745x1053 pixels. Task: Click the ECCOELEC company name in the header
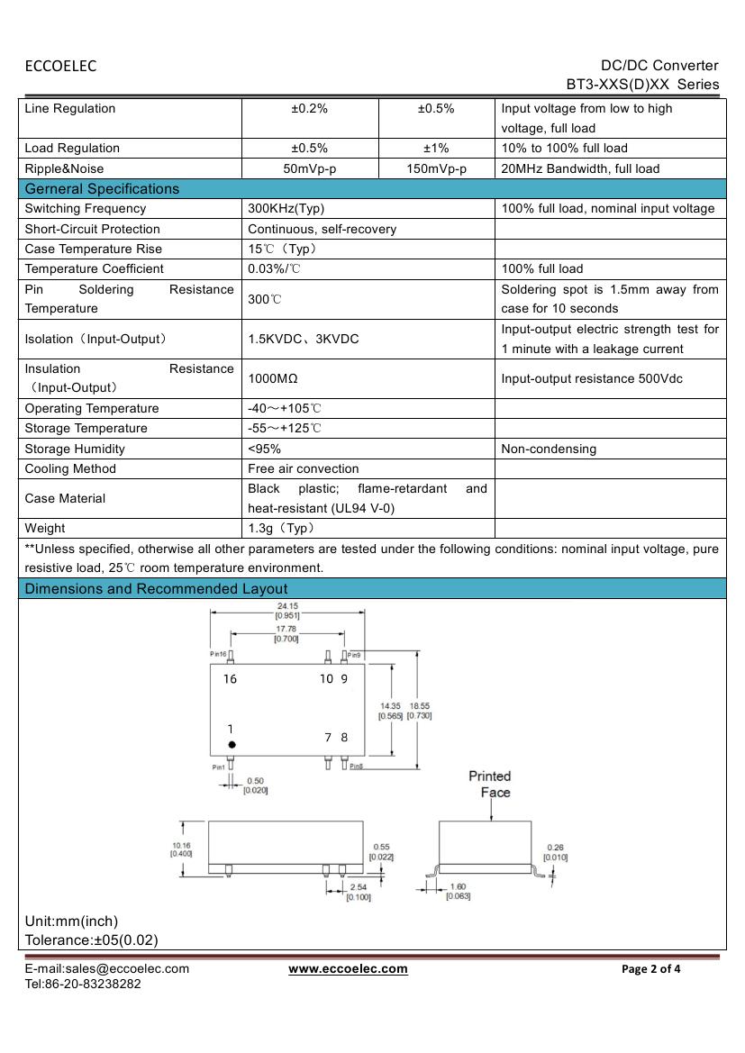click(60, 66)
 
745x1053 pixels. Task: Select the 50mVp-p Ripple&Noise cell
click(310, 168)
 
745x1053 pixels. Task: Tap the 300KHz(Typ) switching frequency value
click(286, 209)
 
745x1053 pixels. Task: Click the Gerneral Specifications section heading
click(102, 189)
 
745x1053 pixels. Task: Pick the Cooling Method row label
click(70, 468)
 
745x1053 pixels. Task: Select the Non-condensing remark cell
click(549, 449)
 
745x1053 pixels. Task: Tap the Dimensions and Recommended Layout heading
click(156, 589)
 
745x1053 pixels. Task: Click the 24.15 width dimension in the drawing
click(287, 606)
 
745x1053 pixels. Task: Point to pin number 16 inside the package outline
click(231, 679)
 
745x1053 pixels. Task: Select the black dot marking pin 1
click(232, 745)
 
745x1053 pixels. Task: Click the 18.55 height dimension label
click(420, 707)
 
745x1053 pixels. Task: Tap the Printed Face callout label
click(490, 784)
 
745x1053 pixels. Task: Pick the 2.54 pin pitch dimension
click(358, 888)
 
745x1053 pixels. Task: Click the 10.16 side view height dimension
click(180, 846)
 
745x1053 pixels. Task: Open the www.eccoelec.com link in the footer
click(348, 969)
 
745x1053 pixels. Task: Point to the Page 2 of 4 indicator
click(650, 969)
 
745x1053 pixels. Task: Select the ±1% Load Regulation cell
click(436, 149)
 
